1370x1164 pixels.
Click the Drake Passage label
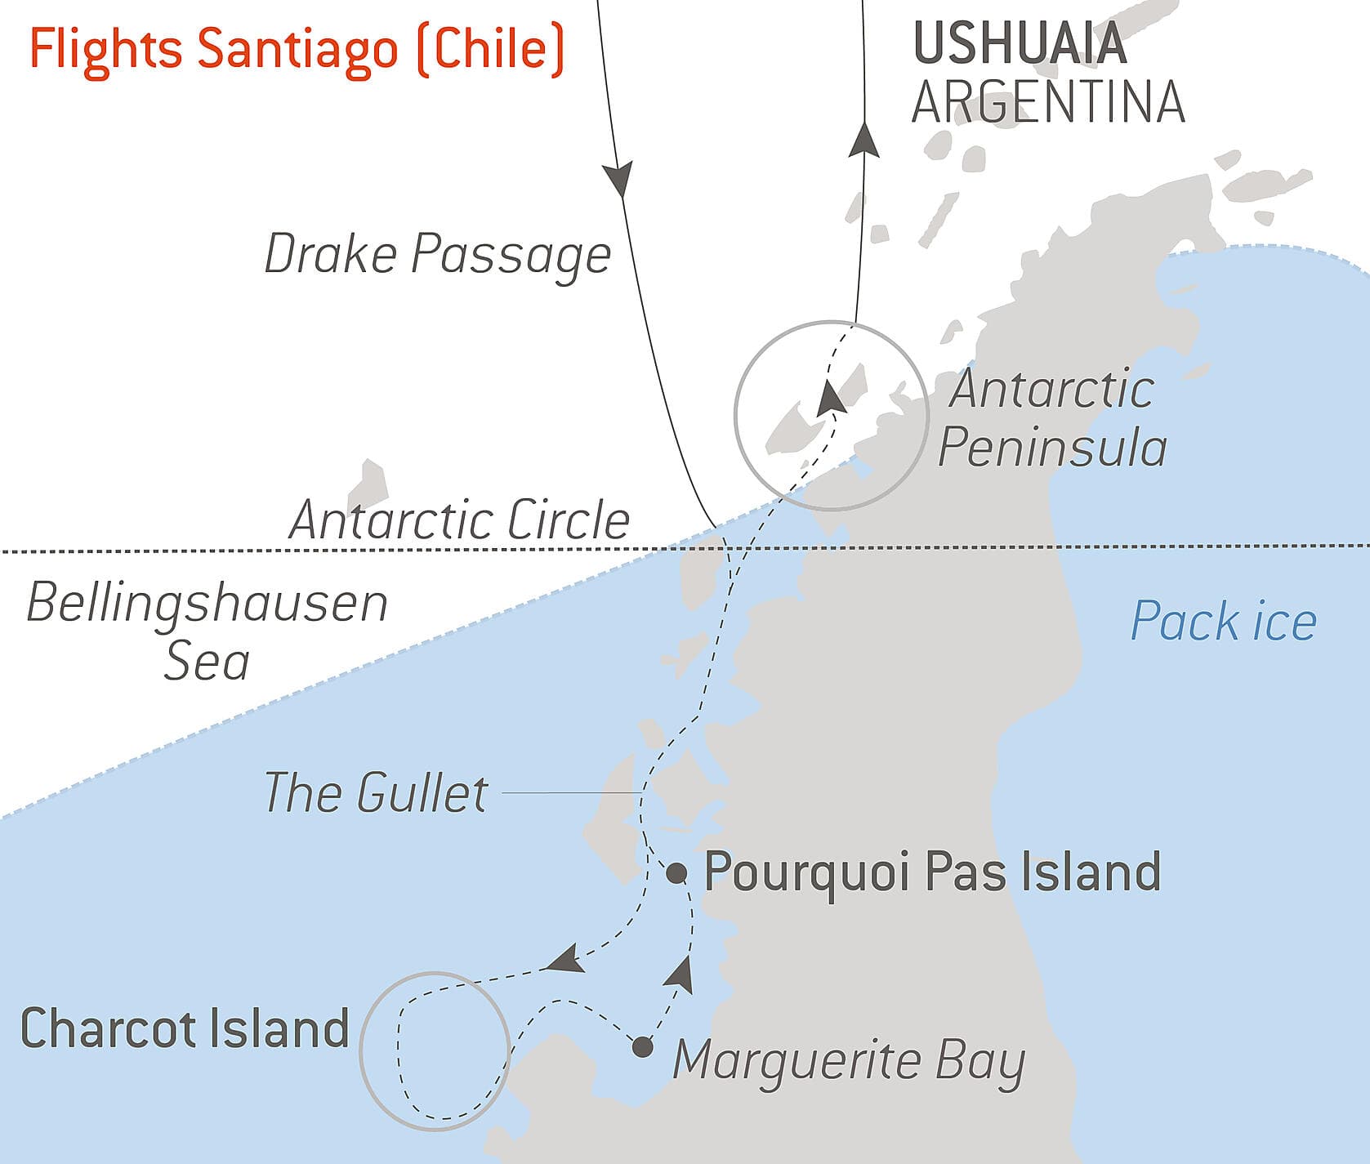[438, 254]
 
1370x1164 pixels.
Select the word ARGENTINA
[1048, 102]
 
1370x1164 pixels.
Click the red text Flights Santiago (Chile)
[297, 48]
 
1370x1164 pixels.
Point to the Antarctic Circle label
[459, 520]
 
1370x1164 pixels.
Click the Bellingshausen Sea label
[208, 631]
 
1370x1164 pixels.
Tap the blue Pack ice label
[1223, 622]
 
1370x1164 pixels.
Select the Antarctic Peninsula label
[1052, 418]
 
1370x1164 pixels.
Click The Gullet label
[376, 792]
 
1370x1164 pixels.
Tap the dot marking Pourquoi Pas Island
[676, 873]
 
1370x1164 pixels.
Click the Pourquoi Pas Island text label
[932, 872]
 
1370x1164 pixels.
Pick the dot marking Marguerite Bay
[643, 1046]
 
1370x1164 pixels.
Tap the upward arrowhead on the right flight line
[864, 140]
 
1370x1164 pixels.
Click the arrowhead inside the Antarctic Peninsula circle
[830, 398]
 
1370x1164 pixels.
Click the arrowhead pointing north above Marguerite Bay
[681, 974]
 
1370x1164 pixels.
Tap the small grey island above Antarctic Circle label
[368, 484]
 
